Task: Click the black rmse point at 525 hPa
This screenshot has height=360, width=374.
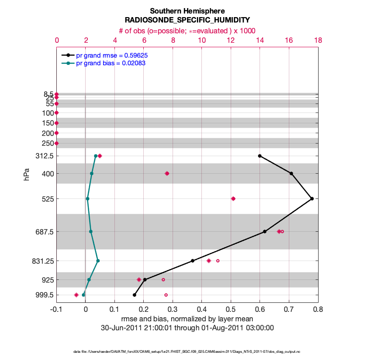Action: pos(312,198)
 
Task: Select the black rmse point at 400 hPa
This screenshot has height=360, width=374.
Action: pos(292,173)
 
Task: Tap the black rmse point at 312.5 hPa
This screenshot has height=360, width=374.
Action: pos(260,156)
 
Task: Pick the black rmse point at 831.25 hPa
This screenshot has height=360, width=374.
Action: pos(192,261)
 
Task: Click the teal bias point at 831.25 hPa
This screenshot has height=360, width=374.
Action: pos(98,261)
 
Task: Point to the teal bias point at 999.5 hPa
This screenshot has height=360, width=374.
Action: pos(83,295)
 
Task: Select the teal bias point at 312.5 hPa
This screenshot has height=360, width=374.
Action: pos(96,156)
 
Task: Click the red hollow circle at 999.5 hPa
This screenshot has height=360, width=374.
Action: pos(166,295)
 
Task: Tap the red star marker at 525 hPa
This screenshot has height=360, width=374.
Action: pos(233,198)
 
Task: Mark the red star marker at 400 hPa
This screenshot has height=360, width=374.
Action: pos(167,173)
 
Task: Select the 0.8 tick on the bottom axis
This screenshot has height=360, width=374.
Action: pos(318,310)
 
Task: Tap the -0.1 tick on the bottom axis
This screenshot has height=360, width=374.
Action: pos(56,310)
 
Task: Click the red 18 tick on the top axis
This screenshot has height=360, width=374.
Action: pos(318,40)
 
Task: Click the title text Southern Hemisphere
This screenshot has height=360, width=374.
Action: pos(187,11)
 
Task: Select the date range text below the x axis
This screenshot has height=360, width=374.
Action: pos(187,328)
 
